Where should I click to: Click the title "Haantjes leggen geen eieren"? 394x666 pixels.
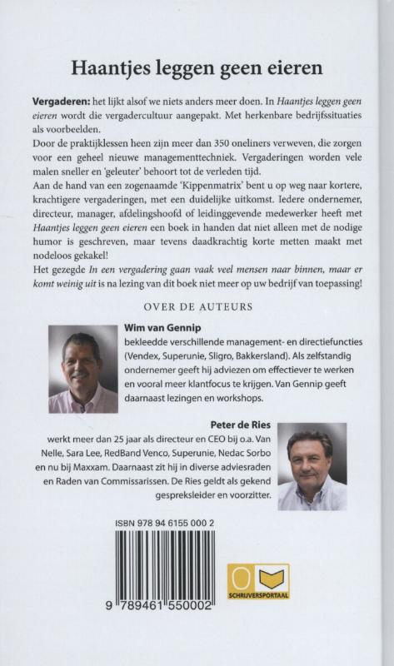coord(197,67)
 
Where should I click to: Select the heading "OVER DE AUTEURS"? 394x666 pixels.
coord(197,306)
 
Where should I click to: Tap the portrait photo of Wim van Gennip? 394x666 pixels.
coord(82,369)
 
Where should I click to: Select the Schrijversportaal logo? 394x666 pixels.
coord(258,581)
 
